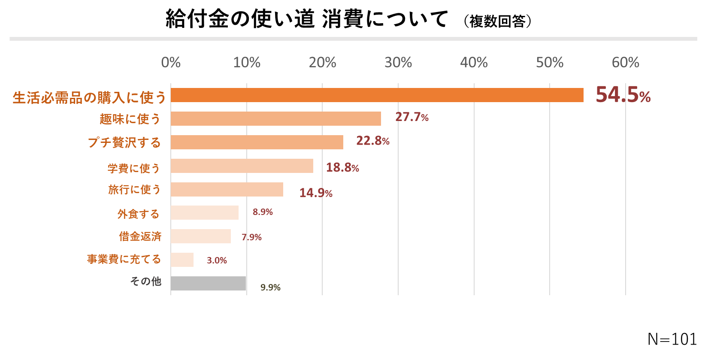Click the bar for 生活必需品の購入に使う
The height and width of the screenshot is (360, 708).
pyautogui.click(x=377, y=95)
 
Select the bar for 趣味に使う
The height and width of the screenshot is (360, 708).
pyautogui.click(x=275, y=119)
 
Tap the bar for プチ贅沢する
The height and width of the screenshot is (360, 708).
pyautogui.click(x=257, y=142)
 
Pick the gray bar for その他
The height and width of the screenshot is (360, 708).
pyautogui.click(x=208, y=284)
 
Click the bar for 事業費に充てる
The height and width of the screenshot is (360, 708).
pyautogui.click(x=182, y=260)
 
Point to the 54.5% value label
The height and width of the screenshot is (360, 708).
pyautogui.click(x=623, y=95)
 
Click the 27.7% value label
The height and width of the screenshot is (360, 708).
pyautogui.click(x=411, y=117)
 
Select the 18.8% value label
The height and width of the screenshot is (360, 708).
pyautogui.click(x=342, y=167)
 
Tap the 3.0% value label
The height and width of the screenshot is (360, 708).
pyautogui.click(x=217, y=260)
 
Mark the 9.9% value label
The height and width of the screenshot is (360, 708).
pyautogui.click(x=270, y=287)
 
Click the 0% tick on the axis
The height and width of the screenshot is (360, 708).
pyautogui.click(x=171, y=63)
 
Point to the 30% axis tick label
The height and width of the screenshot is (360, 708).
pyautogui.click(x=398, y=63)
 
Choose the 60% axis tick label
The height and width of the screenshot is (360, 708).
pyautogui.click(x=625, y=63)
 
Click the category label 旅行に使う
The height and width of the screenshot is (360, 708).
pyautogui.click(x=134, y=190)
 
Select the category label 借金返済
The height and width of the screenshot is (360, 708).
pyautogui.click(x=140, y=236)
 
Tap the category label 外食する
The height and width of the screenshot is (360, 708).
pyautogui.click(x=138, y=214)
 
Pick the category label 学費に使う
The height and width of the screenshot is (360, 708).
pyautogui.click(x=133, y=168)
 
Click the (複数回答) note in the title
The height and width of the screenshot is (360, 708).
pyautogui.click(x=497, y=21)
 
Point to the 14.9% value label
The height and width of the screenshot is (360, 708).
pyautogui.click(x=315, y=193)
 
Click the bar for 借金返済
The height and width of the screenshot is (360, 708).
pyautogui.click(x=200, y=236)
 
